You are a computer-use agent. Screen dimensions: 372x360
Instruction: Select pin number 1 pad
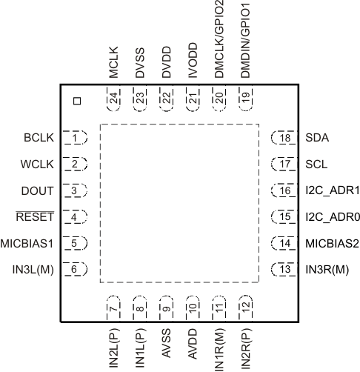75,138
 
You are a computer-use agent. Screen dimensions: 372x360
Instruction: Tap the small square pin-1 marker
76,99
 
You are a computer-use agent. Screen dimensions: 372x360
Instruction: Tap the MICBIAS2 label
327,243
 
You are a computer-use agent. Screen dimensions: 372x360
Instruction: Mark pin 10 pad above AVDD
193,306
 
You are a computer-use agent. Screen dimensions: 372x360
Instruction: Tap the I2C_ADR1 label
327,190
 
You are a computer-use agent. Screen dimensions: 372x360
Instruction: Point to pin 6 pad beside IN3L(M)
75,269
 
